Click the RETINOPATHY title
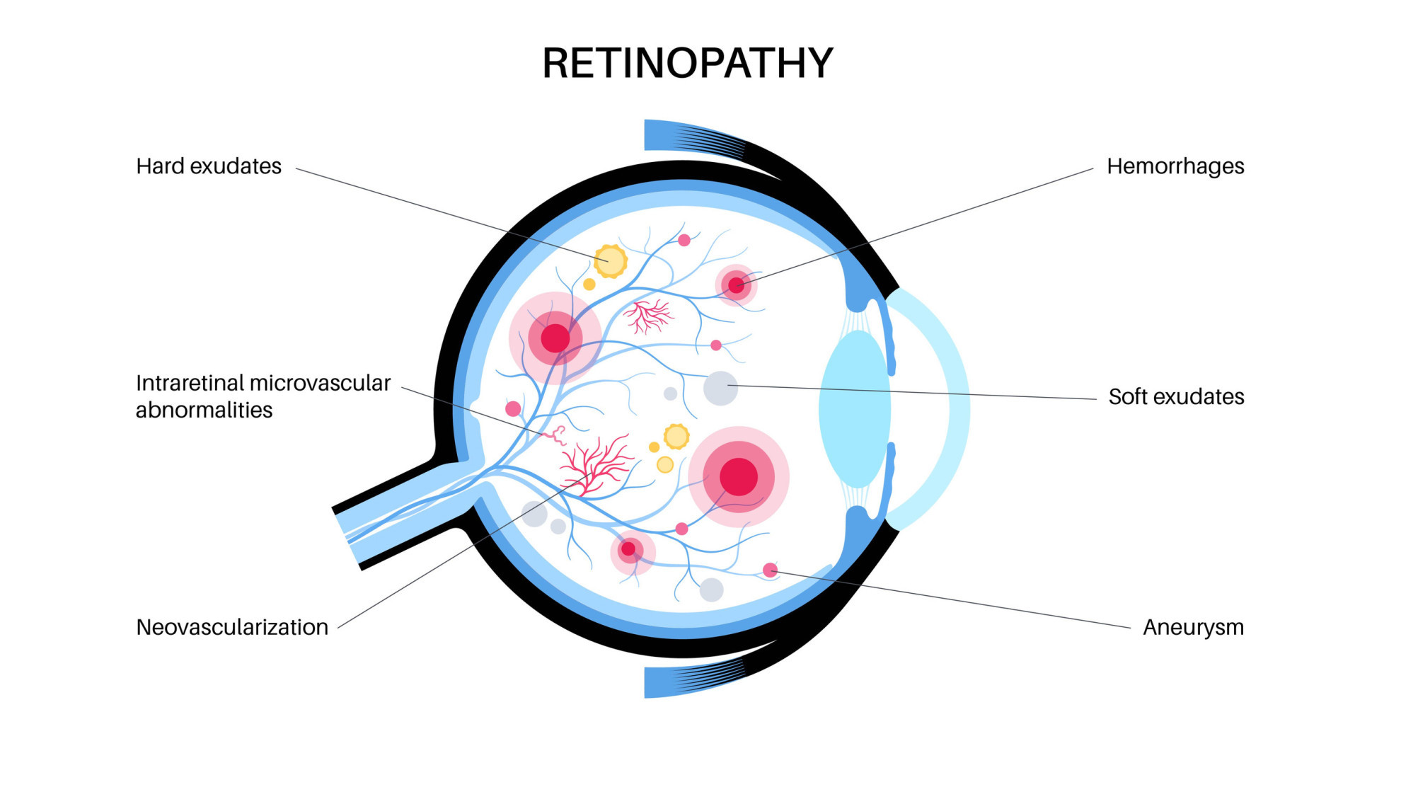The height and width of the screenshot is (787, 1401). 687,64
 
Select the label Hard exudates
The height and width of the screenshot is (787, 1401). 209,166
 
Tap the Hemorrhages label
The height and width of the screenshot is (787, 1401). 1175,166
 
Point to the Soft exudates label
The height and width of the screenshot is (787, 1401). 1176,397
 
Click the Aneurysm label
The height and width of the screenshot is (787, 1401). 1193,628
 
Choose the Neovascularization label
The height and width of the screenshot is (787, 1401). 232,628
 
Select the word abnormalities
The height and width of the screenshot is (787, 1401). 204,410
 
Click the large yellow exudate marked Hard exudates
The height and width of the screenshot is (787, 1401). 610,261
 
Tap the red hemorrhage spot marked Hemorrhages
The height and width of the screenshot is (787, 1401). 736,285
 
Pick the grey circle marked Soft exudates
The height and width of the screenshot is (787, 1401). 720,388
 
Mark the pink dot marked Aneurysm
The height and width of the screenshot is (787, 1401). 770,570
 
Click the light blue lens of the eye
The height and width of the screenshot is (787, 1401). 854,409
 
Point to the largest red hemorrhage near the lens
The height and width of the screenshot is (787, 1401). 739,476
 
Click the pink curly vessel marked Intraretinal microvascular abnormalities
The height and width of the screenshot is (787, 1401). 558,434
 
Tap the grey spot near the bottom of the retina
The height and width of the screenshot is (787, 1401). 711,590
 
